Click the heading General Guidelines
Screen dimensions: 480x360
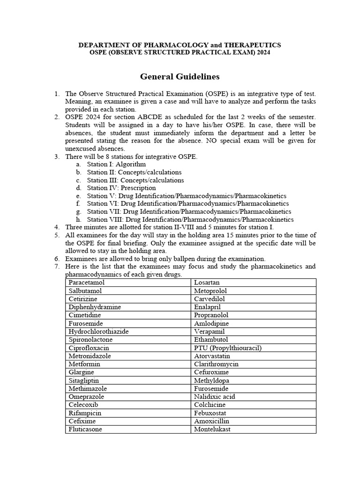tap(180, 76)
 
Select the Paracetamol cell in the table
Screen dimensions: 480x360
tap(87, 283)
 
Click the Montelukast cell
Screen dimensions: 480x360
tap(212, 429)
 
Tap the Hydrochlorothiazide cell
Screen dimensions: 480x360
tap(98, 331)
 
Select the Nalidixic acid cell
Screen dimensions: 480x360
tap(215, 397)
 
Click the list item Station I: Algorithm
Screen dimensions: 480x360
tap(116, 165)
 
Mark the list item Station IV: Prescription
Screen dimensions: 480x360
tap(121, 188)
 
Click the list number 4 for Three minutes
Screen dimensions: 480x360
tap(57, 227)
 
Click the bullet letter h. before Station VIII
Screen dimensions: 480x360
tap(78, 219)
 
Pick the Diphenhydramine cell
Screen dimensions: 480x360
tap(95, 307)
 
